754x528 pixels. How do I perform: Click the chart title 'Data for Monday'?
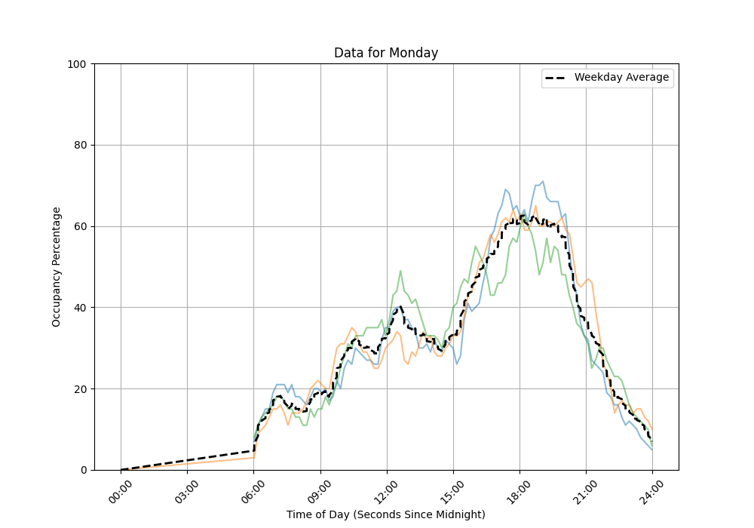pos(386,53)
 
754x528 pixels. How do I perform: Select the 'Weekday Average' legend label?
pos(621,78)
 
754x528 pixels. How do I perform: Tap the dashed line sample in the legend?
pos(557,78)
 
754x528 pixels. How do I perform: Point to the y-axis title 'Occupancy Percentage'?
pos(57,266)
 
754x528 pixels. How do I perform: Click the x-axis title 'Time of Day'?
pos(386,514)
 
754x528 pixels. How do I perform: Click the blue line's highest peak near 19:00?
pos(542,181)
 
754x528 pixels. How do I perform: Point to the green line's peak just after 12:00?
pos(400,271)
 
